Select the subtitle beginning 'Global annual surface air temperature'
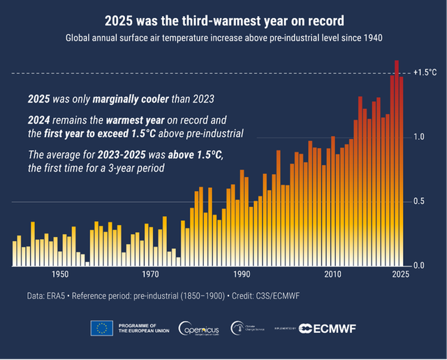(x=223, y=38)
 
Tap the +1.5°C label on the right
(x=425, y=73)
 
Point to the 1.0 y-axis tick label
(x=419, y=137)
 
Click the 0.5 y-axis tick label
(x=419, y=201)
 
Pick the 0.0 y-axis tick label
(x=419, y=266)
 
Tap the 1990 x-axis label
(x=242, y=275)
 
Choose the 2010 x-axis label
(x=333, y=275)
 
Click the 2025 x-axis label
(x=400, y=275)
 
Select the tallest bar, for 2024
(x=397, y=161)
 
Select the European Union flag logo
(x=102, y=329)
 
